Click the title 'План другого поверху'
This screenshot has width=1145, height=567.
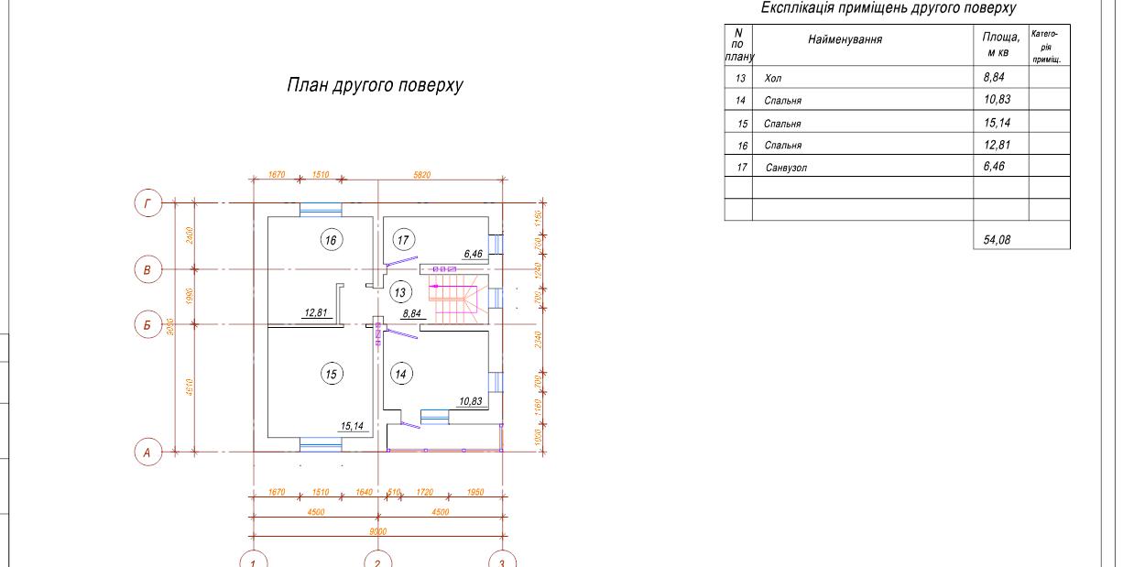tap(376, 86)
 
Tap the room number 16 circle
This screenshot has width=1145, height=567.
tap(330, 240)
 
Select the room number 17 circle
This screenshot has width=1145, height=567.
tap(404, 240)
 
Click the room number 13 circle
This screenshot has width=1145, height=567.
tap(399, 292)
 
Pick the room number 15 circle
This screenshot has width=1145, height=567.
tap(331, 374)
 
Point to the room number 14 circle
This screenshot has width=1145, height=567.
tap(399, 374)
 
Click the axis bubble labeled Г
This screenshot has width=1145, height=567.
tap(147, 202)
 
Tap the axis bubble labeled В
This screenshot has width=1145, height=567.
tap(147, 269)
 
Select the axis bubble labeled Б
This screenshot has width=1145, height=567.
tap(147, 325)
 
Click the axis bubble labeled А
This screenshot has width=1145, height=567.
tap(147, 452)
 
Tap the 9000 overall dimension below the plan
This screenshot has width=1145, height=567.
tap(377, 531)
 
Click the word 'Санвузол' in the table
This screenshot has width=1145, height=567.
tap(786, 168)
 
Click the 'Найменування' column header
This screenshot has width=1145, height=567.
tap(845, 39)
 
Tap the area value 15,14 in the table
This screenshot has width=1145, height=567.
tap(997, 123)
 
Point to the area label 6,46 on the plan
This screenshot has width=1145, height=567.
tap(474, 254)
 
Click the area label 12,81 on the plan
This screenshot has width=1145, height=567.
tap(316, 313)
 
